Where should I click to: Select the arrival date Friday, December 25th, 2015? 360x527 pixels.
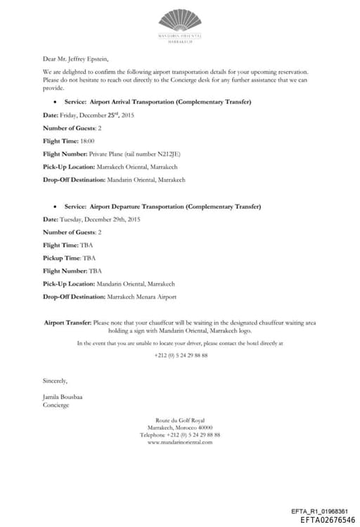pos(98,115)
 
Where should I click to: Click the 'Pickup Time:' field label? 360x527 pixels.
pos(62,258)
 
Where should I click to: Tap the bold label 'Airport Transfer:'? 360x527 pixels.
pos(67,322)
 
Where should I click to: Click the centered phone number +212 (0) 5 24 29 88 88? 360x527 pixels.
pos(181,355)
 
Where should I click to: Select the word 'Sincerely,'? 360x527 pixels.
pos(56,381)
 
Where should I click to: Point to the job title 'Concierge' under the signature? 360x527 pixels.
pos(56,405)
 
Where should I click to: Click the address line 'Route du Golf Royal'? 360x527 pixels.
pos(180,419)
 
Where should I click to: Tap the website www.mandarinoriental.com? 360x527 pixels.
pos(180,442)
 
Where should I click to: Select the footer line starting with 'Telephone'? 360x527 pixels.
pos(180,434)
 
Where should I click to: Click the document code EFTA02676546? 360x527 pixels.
pos(328,519)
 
